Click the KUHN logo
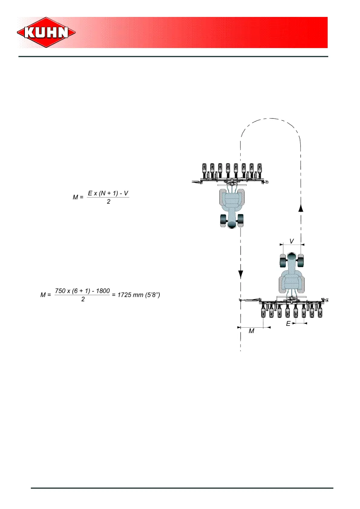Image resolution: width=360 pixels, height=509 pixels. coord(46,32)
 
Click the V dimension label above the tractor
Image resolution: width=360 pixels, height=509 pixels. coord(292,241)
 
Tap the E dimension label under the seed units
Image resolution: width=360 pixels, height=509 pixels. coord(288,324)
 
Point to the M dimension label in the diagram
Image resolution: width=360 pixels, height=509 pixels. coord(251,331)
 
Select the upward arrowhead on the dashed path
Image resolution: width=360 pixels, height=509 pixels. coord(301,208)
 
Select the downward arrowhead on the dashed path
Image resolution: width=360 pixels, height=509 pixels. coord(241,274)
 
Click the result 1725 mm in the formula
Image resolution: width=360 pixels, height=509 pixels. coord(130,295)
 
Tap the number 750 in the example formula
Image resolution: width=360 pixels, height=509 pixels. coord(60,291)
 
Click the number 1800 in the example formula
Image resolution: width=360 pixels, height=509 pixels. coord(103,291)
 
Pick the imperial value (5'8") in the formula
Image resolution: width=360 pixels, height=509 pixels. coord(152,295)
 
